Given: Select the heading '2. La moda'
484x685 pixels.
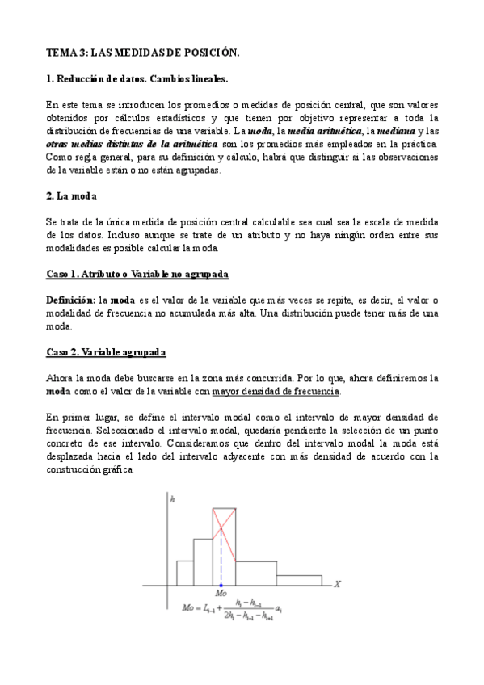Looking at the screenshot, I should [69, 196].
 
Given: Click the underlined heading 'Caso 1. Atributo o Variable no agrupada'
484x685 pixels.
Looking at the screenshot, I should [137, 275].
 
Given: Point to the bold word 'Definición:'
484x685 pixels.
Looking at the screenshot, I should [69, 300].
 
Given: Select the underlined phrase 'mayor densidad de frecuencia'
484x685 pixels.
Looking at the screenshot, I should [276, 392].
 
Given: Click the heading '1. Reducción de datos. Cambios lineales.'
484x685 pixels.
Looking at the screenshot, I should [137, 80].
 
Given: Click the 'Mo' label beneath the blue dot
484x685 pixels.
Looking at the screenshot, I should [221, 594].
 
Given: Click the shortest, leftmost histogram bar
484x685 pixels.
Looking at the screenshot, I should [184, 571].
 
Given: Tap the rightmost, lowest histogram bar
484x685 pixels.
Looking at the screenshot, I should [298, 579].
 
